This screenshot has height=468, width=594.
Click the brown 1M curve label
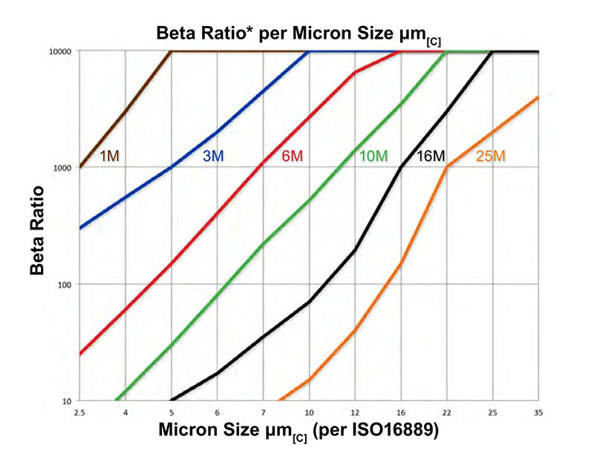point(109,156)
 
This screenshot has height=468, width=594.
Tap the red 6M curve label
point(293,157)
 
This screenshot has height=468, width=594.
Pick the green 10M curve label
point(373,157)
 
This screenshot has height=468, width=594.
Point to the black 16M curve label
point(431,157)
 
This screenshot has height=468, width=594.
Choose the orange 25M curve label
point(491,157)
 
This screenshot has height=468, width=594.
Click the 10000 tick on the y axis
point(61,51)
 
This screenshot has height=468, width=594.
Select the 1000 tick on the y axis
point(62,168)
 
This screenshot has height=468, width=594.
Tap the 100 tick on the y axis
point(64,285)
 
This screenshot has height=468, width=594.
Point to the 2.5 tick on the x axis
point(80,411)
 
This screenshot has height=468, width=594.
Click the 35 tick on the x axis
point(537,411)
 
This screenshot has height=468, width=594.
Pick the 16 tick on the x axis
point(400,411)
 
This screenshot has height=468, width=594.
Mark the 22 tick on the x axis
point(446,411)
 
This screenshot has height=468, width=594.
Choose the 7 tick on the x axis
point(263,411)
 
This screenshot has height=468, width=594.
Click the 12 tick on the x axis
point(354,411)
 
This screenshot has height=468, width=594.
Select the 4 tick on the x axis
point(125,411)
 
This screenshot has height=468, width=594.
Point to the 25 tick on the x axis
point(491,411)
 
